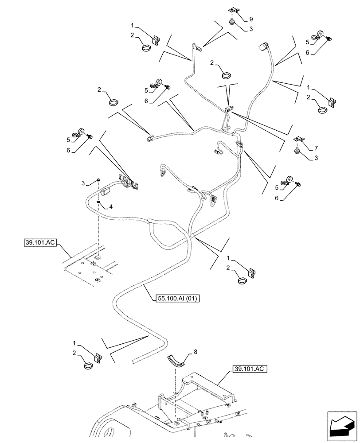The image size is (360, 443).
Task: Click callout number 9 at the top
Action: pos(251,19)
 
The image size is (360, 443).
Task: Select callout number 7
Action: pos(316,147)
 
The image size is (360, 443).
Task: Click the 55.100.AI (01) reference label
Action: pos(178,299)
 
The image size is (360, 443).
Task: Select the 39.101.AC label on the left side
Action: pos(37,243)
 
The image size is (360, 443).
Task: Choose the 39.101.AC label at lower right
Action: pos(249,369)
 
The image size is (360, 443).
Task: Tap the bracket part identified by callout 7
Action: pos(299,140)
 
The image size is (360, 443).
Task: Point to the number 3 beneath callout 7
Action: pos(316,157)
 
